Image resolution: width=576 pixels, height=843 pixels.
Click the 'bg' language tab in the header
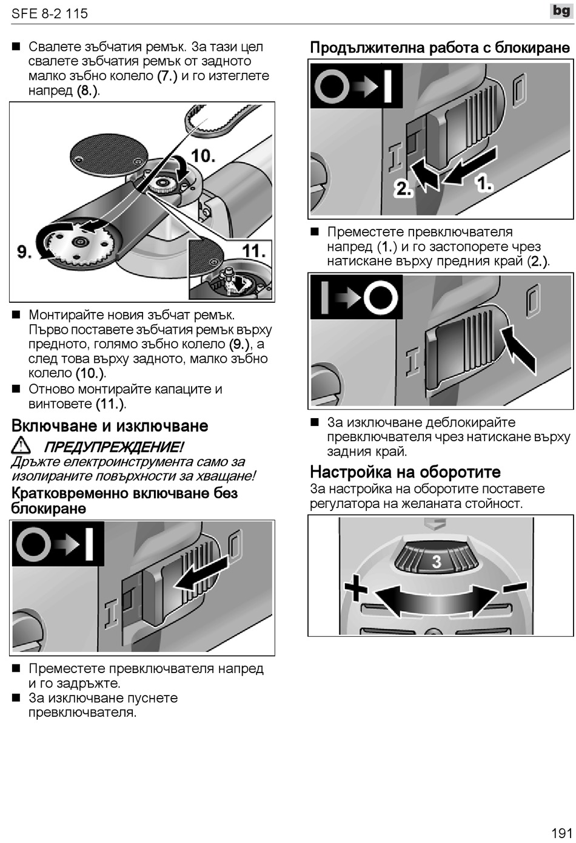tap(561, 11)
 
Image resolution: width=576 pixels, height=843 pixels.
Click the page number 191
tap(561, 832)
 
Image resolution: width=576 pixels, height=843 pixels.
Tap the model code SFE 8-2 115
tap(50, 13)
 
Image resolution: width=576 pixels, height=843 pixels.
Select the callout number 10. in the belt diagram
tap(203, 156)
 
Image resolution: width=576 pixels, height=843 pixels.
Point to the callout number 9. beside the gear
tap(24, 251)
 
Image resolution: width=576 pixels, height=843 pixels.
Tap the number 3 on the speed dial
tap(437, 562)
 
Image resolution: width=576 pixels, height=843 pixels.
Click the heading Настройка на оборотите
tap(405, 472)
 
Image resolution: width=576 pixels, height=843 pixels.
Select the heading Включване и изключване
tap(110, 426)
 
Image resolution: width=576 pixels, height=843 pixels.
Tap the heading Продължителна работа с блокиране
tap(440, 48)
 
